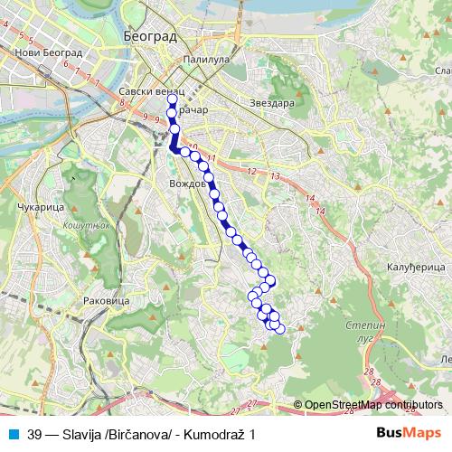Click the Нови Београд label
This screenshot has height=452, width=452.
[x=50, y=53]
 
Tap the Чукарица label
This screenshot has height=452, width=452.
[x=37, y=208]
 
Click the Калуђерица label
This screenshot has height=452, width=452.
[x=414, y=268]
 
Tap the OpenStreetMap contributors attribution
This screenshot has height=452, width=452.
[x=373, y=405]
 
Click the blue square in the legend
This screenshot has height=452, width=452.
[x=12, y=433]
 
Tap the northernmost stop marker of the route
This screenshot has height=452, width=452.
[x=172, y=99]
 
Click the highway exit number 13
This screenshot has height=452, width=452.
[x=276, y=174]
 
